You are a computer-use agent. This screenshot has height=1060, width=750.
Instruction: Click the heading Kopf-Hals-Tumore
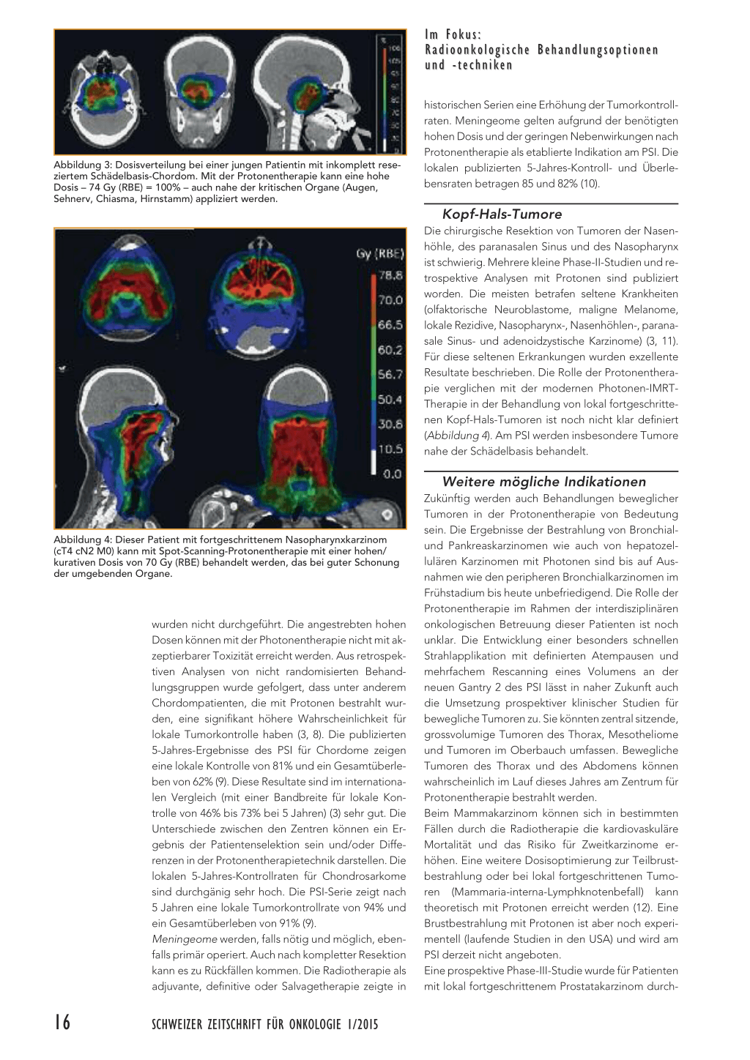pyautogui.click(x=502, y=214)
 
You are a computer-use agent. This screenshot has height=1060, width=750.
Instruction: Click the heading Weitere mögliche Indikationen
pyautogui.click(x=543, y=482)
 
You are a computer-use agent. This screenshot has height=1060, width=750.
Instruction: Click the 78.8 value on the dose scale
pyautogui.click(x=390, y=276)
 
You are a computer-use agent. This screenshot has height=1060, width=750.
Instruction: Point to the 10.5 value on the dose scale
pyautogui.click(x=390, y=449)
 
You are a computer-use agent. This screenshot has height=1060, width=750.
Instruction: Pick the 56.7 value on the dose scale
pyautogui.click(x=390, y=375)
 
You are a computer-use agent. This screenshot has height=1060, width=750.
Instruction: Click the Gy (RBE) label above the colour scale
pyautogui.click(x=380, y=254)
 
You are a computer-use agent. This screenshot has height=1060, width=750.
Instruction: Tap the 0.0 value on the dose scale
pyautogui.click(x=391, y=474)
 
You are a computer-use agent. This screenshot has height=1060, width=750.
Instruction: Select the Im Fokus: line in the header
pyautogui.click(x=453, y=34)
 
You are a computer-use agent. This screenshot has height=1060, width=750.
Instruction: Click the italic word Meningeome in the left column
pyautogui.click(x=184, y=939)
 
